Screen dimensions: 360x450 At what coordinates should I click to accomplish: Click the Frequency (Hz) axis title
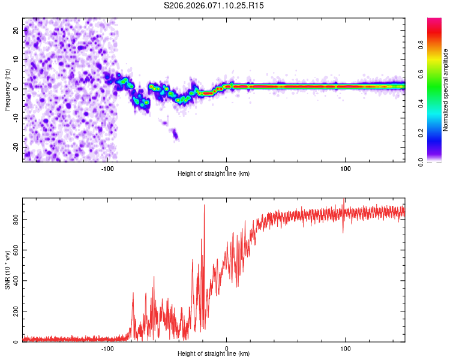tap(7, 90)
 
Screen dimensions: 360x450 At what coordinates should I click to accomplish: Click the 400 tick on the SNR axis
tap(14, 281)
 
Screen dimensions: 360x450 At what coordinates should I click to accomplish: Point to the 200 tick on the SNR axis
tap(14, 311)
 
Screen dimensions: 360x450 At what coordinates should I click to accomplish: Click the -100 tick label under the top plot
tap(107, 168)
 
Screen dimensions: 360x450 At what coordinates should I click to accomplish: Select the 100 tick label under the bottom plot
tap(345, 348)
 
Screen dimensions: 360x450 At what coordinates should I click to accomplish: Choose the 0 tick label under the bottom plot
tap(226, 348)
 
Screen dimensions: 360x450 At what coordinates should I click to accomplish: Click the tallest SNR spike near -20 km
tap(205, 206)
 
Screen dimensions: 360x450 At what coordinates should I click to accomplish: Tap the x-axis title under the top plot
tap(214, 174)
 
